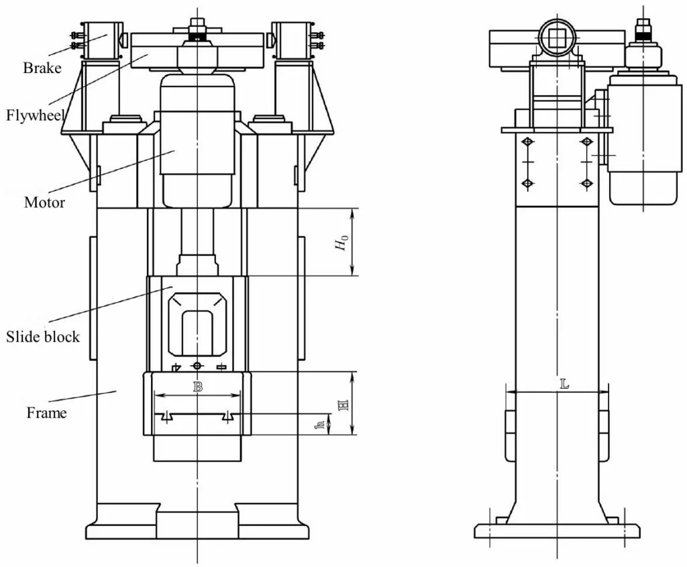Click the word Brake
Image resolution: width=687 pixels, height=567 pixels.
[x=42, y=68]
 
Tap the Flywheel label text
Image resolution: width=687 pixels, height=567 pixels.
[x=35, y=115]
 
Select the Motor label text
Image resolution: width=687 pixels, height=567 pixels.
[x=44, y=202]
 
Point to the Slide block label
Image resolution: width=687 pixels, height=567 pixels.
[x=43, y=336]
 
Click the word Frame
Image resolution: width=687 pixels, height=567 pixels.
[x=46, y=413]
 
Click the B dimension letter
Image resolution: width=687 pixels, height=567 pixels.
[x=197, y=387]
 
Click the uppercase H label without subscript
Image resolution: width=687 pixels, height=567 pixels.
[x=343, y=404]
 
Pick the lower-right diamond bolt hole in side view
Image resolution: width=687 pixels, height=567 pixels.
[x=587, y=183]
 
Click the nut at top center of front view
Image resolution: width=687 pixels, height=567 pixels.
[x=197, y=31]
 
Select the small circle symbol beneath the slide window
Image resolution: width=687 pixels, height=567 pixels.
[x=197, y=365]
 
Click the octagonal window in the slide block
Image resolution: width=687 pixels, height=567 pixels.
[x=197, y=324]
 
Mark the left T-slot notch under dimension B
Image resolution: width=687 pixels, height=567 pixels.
[x=165, y=417]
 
